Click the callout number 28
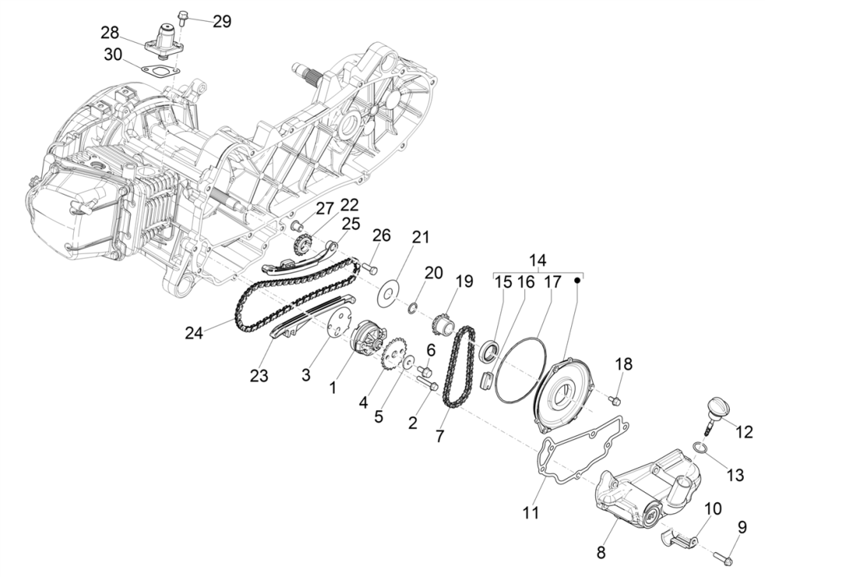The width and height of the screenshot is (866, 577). (110, 32)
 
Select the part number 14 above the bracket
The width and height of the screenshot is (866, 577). (538, 260)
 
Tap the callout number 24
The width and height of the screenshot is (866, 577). (195, 332)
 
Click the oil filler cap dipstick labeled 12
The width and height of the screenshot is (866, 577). (715, 412)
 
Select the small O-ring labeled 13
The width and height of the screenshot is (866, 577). (700, 447)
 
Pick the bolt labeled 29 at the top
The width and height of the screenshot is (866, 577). (181, 16)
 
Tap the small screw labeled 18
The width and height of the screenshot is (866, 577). (615, 399)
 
